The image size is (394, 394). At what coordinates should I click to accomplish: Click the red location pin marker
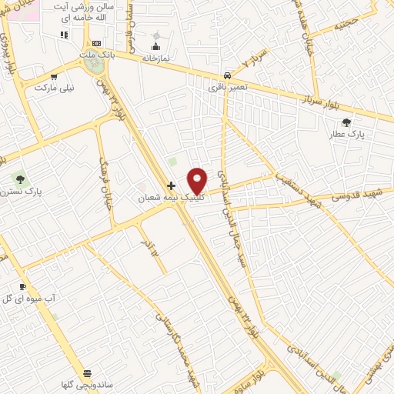pyautogui.click(x=198, y=181)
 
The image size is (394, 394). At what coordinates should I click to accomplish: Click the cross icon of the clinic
pyautogui.click(x=171, y=185)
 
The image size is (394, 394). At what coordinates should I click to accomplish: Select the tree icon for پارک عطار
pyautogui.click(x=346, y=122)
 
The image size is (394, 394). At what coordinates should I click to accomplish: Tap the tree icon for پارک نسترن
pyautogui.click(x=21, y=179)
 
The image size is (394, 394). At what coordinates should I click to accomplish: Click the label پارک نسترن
pyautogui.click(x=22, y=190)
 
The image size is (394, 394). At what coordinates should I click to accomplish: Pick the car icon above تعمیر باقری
pyautogui.click(x=227, y=75)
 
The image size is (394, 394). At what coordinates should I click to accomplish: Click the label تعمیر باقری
pyautogui.click(x=227, y=87)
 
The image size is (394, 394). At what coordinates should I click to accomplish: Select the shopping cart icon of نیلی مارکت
pyautogui.click(x=54, y=76)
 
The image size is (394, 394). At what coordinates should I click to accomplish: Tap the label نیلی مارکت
pyautogui.click(x=55, y=88)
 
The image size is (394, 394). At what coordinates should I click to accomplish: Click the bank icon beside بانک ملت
pyautogui.click(x=96, y=44)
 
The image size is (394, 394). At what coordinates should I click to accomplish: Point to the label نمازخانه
pyautogui.click(x=155, y=58)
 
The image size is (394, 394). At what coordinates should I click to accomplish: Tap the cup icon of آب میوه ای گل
pyautogui.click(x=22, y=286)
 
